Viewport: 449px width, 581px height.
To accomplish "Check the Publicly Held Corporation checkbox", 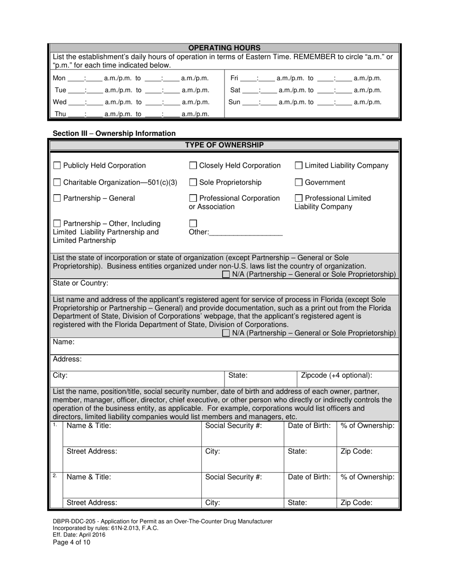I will coord(57,166).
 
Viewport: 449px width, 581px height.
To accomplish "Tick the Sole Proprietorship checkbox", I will coord(193,182).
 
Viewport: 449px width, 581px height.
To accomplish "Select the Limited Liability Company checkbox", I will coord(299,166).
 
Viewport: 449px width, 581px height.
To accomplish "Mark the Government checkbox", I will coord(299,182).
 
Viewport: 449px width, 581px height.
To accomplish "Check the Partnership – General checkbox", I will coord(57,198).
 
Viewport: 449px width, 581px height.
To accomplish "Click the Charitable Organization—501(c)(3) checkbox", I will coord(57,182).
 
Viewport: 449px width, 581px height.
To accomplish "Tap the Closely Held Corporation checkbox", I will coord(193,166).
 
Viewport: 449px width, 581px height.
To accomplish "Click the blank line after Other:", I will coord(245,232).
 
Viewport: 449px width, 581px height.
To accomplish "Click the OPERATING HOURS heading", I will coord(224,48).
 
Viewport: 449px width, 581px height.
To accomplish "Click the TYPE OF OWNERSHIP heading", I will coord(224,145).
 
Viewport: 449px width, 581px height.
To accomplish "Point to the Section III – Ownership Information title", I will coord(114,134).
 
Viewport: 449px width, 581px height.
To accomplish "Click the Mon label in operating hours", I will coord(59,78).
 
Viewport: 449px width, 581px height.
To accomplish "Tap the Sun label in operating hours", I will coord(234,102).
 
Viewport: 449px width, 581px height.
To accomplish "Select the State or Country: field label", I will coord(80,283).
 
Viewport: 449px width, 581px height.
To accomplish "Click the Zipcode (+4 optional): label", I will coord(337,376).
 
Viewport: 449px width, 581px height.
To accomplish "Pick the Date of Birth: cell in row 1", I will coord(309,426).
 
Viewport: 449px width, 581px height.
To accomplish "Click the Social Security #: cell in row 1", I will coord(233,426).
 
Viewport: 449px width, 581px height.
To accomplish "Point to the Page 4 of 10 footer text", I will coord(71,542).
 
